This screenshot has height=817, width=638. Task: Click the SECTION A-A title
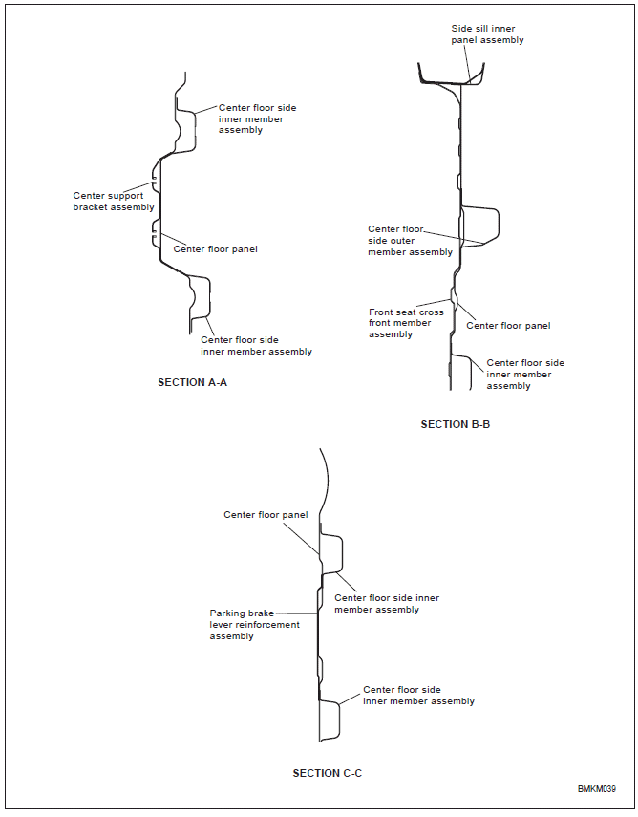[x=192, y=382]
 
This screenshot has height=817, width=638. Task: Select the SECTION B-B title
[x=456, y=424]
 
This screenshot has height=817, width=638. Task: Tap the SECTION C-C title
[x=327, y=773]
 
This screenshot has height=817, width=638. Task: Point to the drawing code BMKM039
[x=596, y=789]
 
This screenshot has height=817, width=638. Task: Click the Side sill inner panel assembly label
[x=487, y=33]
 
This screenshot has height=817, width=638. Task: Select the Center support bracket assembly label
[x=114, y=201]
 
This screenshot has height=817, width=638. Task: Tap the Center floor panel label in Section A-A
[x=215, y=249]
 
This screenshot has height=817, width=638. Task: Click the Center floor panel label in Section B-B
[x=508, y=326]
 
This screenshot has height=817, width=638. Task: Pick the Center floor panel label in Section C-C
[x=266, y=515]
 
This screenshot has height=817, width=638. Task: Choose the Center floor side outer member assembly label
[x=410, y=240]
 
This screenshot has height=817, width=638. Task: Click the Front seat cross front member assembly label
[x=406, y=323]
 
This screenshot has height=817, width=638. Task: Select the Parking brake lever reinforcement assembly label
[x=255, y=624]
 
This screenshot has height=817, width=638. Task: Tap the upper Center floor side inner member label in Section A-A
[x=257, y=118]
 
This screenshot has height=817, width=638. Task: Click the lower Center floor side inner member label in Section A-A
[x=256, y=346]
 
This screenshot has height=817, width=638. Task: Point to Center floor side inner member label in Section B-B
[x=525, y=375]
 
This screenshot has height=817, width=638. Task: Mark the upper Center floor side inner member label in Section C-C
[x=387, y=603]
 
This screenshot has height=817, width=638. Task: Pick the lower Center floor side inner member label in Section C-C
[x=418, y=695]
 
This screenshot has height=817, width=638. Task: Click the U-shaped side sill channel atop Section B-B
[x=451, y=82]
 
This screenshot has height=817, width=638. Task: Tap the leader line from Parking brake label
[x=296, y=613]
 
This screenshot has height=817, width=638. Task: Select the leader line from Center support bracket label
[x=138, y=186]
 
